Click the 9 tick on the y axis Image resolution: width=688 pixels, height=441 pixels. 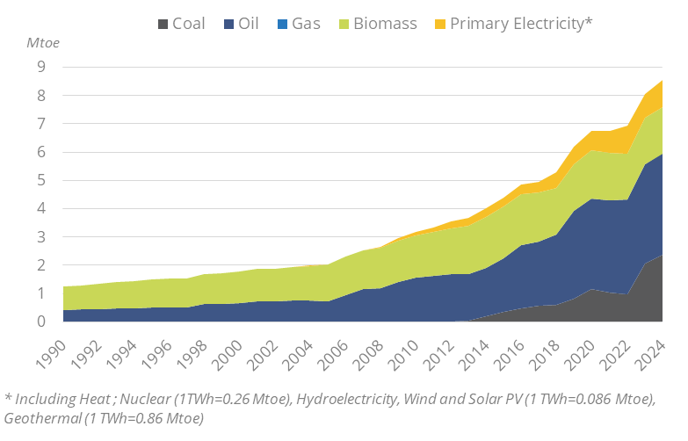[42, 67]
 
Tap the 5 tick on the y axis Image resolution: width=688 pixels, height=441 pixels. [42, 180]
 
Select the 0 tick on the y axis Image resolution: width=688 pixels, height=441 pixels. [42, 322]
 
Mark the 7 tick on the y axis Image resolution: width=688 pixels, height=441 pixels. [42, 124]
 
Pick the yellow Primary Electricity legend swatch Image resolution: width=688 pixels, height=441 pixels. [437, 23]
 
